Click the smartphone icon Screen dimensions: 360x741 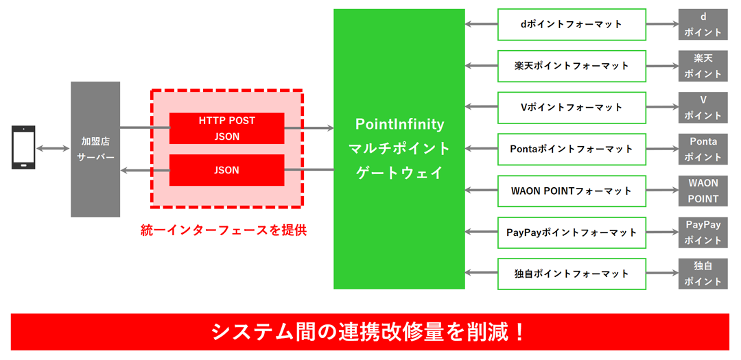coord(24,147)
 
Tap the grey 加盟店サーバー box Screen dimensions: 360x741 coord(95,149)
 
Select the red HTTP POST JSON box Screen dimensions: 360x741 coord(226,128)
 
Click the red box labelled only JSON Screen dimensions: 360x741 coord(226,170)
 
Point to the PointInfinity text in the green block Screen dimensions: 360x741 coord(399,125)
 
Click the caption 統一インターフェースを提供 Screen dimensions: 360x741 coord(223,230)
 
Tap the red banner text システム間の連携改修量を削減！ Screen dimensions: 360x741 coord(370,332)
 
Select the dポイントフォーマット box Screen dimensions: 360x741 coord(572,24)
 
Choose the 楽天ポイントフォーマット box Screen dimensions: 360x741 coord(572,66)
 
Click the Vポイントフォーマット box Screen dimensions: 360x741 coord(572,108)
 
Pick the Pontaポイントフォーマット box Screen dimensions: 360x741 coord(572,149)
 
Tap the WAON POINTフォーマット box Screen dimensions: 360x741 coord(572,191)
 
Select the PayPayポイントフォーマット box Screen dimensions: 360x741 coord(572,232)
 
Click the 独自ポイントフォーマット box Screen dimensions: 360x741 coord(572,274)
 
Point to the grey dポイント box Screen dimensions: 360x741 coord(703,24)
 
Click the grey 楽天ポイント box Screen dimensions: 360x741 coord(703,66)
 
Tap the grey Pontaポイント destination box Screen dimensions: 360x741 coord(703,149)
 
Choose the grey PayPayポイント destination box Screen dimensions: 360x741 coord(703,232)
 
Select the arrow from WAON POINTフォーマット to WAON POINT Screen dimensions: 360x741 coord(662,191)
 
